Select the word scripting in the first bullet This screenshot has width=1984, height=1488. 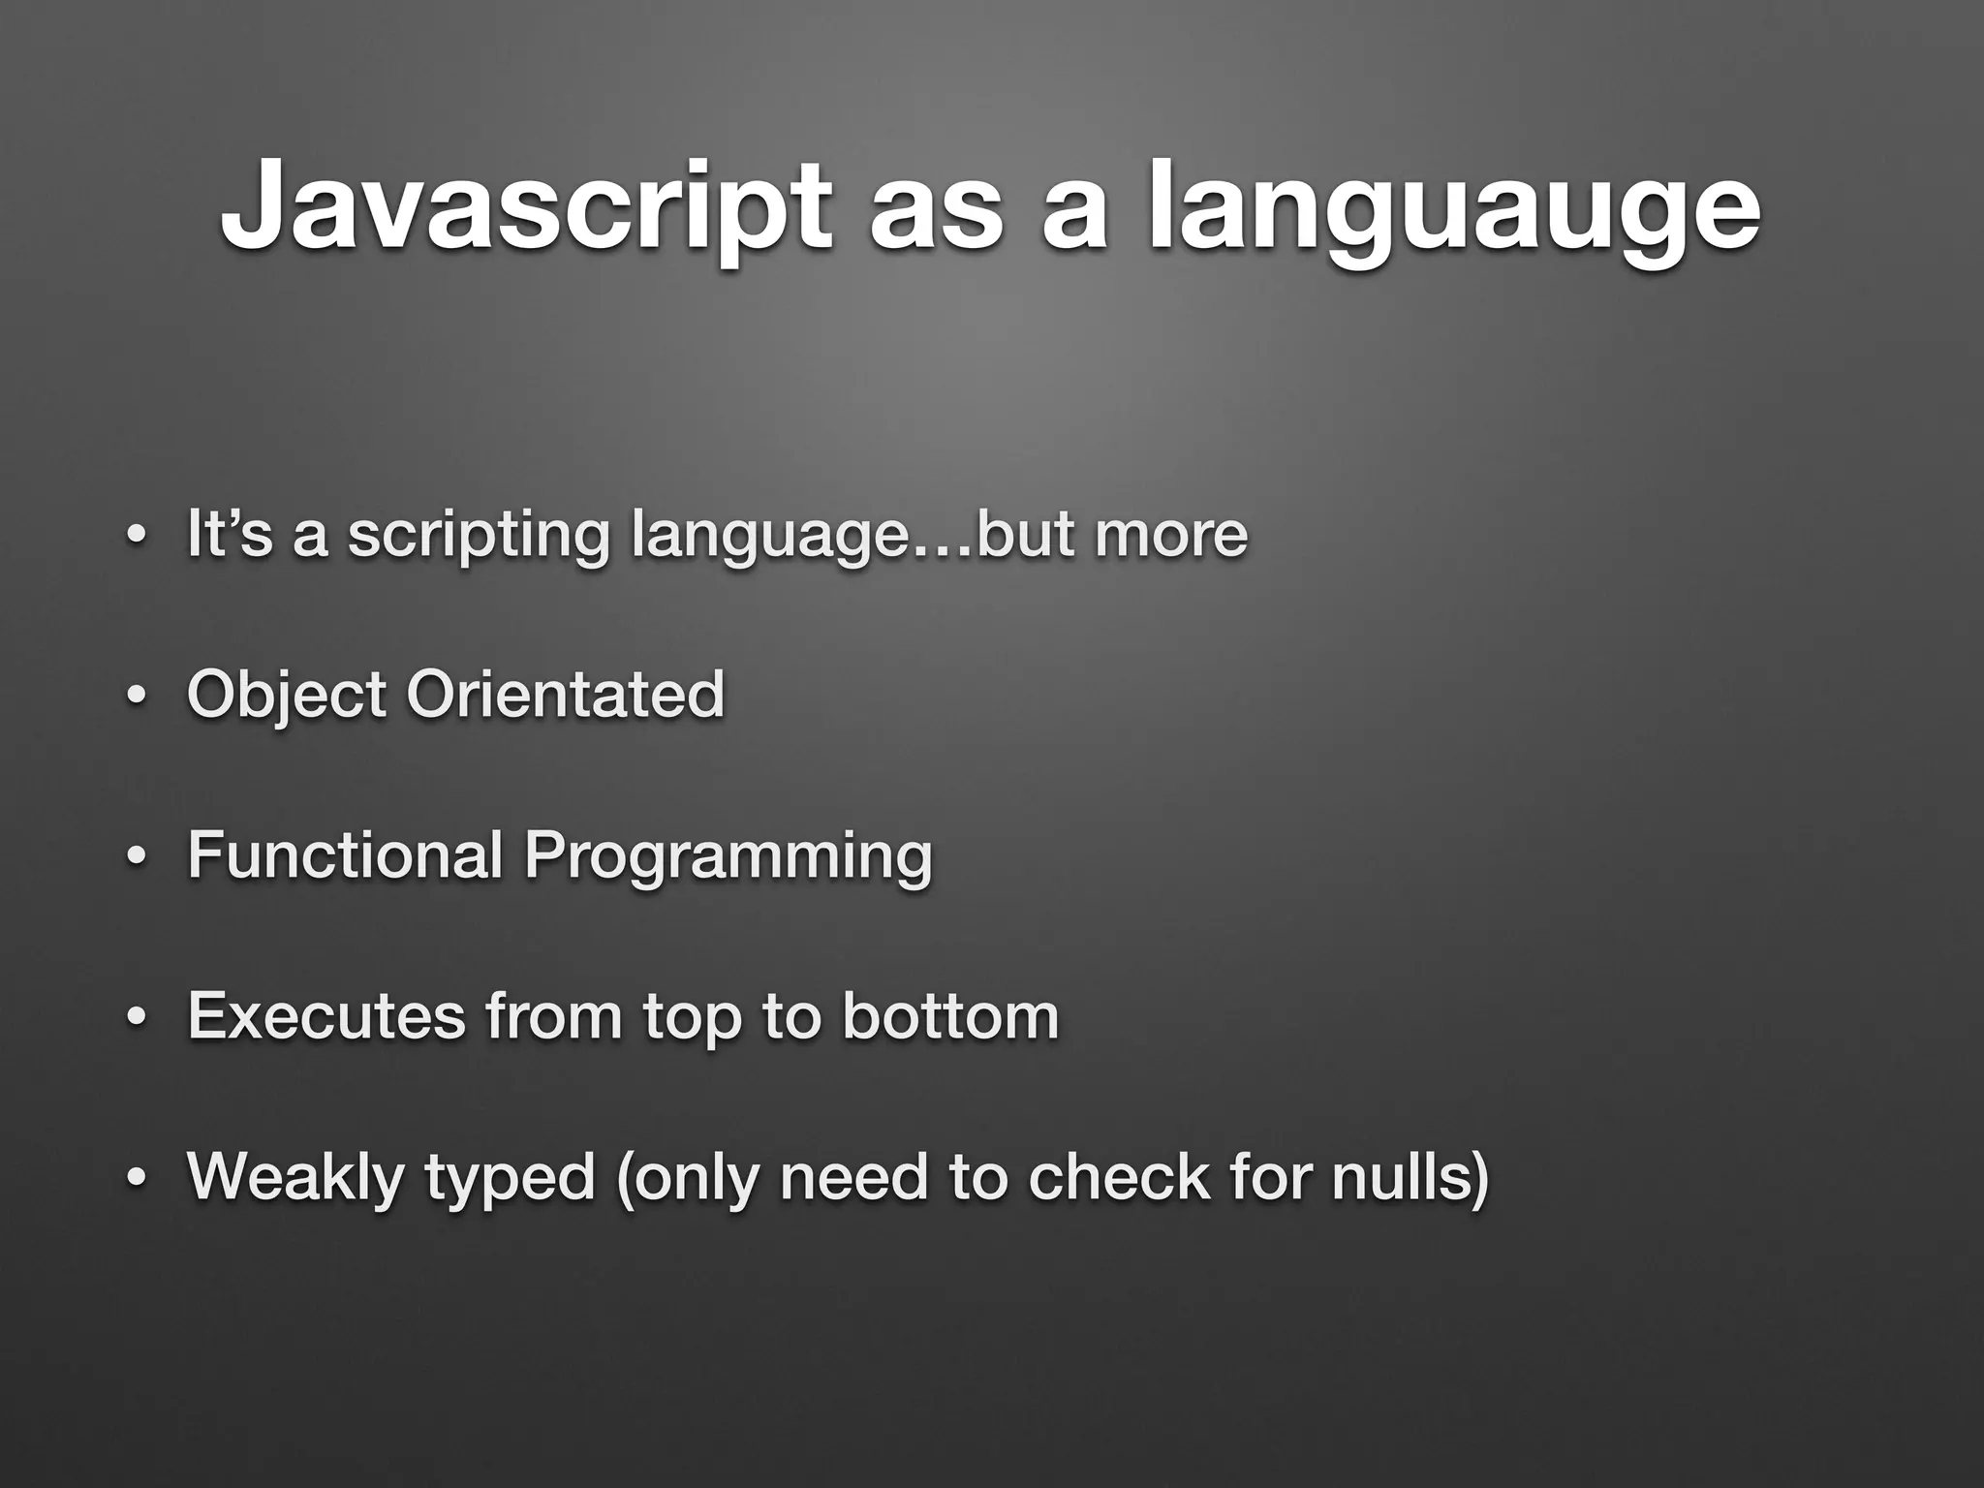click(479, 535)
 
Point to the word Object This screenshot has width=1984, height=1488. click(287, 696)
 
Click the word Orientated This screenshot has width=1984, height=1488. click(565, 694)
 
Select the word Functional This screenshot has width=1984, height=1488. click(345, 854)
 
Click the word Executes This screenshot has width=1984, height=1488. click(326, 1015)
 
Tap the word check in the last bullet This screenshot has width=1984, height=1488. click(1119, 1176)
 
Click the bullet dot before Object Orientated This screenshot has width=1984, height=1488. click(138, 697)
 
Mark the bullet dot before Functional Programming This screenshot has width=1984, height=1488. click(138, 858)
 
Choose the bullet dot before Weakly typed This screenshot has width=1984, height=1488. click(138, 1180)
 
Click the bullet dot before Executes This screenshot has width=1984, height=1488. click(138, 1019)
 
